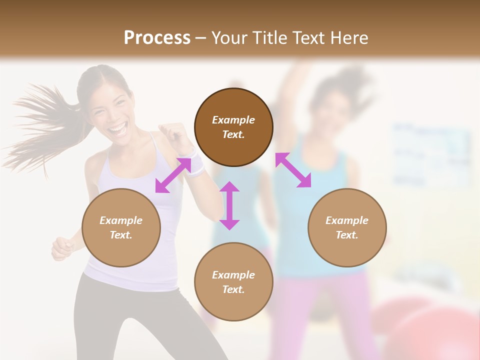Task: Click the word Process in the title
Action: point(157,38)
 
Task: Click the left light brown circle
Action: point(121,227)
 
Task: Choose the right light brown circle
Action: point(347,227)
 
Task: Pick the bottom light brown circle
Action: point(233,282)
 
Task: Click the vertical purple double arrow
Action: point(229,205)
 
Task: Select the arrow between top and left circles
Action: point(173,175)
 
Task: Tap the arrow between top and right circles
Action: point(293,170)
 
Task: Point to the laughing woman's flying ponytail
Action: point(40,125)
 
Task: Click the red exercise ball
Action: point(430,330)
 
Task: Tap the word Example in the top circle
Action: point(233,120)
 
